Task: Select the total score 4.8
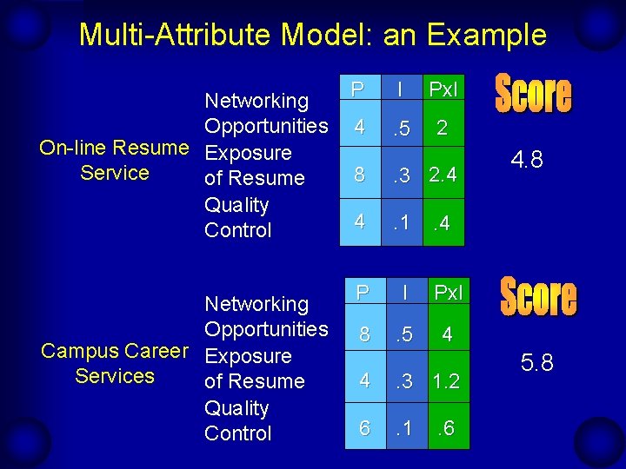528,161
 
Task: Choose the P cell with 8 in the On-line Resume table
359,176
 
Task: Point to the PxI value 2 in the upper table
443,129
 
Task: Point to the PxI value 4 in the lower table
447,334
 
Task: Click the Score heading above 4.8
533,94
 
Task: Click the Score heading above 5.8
537,298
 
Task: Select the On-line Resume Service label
114,161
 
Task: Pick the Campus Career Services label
114,364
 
